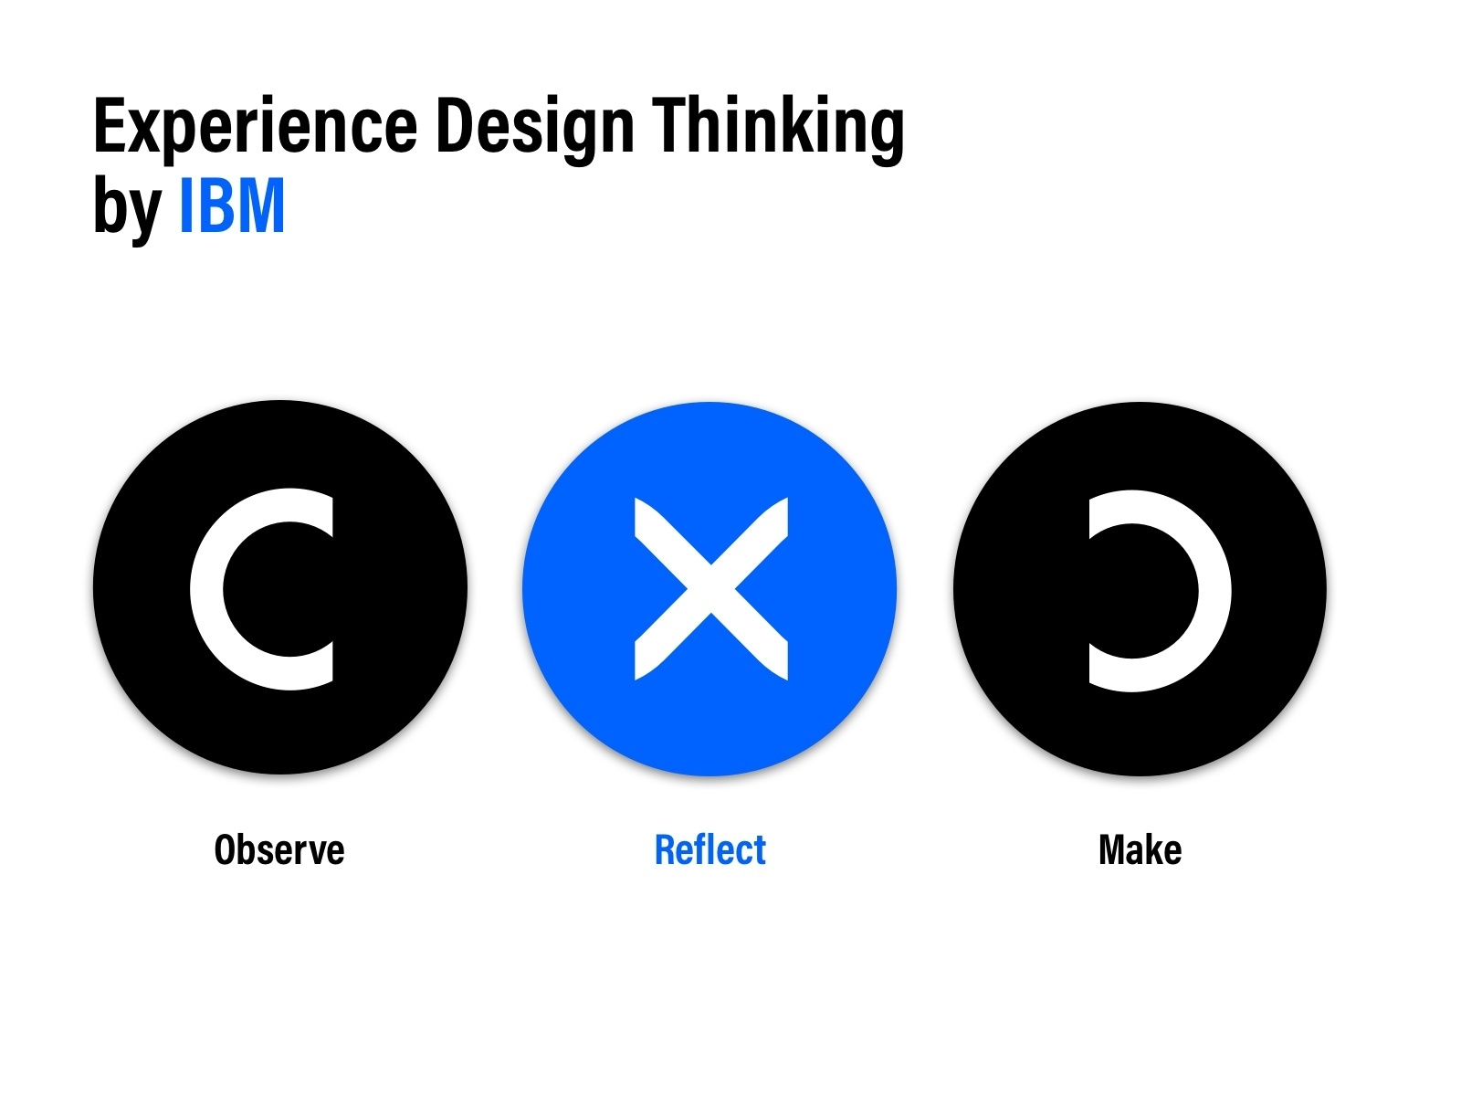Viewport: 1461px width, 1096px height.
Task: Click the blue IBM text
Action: point(232,206)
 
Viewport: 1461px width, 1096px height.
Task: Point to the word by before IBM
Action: point(127,208)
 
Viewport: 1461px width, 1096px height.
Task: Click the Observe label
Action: point(279,850)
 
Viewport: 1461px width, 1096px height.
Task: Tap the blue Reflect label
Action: point(710,850)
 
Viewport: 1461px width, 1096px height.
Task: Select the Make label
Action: point(1140,850)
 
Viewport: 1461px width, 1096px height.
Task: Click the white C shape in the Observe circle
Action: point(207,589)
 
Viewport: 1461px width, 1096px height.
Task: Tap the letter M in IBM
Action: point(263,206)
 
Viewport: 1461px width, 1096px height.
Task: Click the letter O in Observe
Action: point(226,850)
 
